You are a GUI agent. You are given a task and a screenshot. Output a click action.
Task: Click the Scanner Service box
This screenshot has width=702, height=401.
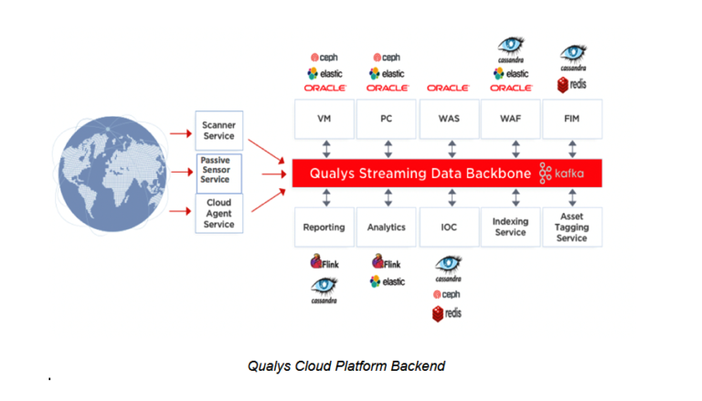[x=218, y=130]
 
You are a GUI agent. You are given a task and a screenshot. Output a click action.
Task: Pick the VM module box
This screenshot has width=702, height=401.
[x=323, y=119]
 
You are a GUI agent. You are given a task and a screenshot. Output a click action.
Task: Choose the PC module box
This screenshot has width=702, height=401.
[x=386, y=119]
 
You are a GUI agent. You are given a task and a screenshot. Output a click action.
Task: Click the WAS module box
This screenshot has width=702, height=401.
[x=448, y=119]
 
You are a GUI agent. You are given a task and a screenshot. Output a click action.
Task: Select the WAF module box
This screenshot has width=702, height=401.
[x=510, y=119]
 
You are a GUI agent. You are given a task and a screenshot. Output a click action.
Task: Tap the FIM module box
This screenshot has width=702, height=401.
[x=571, y=119]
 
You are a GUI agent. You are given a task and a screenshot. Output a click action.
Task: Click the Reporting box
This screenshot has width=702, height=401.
[x=323, y=227]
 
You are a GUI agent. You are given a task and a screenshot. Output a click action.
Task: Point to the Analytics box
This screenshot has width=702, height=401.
[x=386, y=227]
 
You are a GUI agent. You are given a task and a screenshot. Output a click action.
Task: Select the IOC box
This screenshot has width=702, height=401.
[x=448, y=227]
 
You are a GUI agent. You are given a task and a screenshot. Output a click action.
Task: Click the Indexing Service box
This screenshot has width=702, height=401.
[x=510, y=227]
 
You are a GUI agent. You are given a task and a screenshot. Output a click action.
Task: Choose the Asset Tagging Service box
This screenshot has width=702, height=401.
[x=571, y=227]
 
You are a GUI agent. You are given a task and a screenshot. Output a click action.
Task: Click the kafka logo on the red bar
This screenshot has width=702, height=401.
[x=561, y=173]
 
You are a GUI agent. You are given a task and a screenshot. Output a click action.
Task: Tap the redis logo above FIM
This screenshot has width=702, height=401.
[x=571, y=86]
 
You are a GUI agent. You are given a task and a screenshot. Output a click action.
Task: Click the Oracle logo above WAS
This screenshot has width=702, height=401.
[x=448, y=88]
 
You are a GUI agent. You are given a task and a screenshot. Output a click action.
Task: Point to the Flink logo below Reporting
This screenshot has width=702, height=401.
[x=324, y=263]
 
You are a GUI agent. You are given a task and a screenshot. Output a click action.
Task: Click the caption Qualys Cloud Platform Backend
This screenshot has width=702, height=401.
[x=346, y=366]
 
